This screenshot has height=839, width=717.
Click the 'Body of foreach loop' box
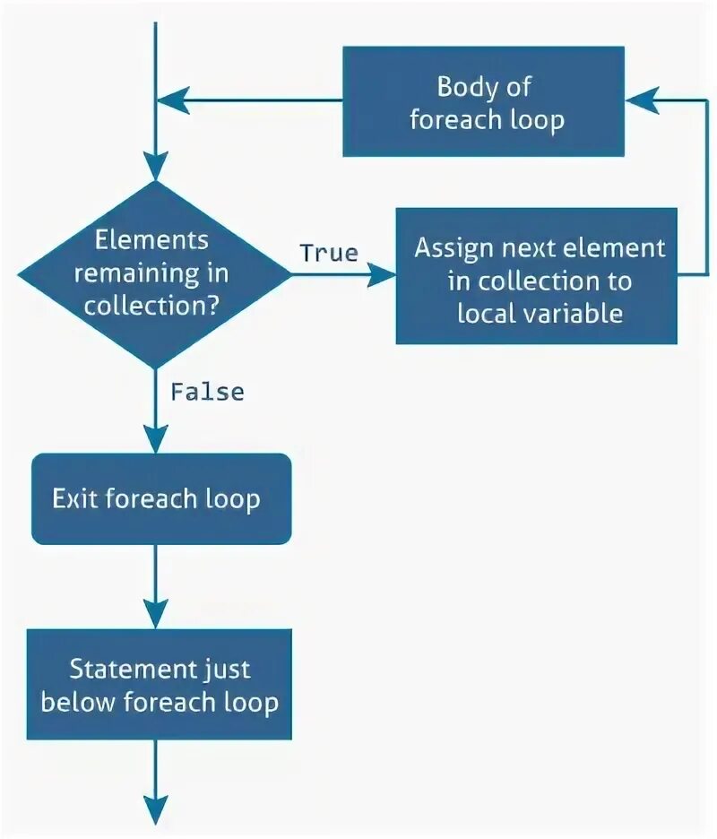[483, 102]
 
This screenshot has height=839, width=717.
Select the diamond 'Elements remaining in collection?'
[155, 274]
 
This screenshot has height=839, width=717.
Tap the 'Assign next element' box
[536, 276]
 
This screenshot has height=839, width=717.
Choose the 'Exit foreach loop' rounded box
[161, 498]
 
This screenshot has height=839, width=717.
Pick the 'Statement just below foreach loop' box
[160, 684]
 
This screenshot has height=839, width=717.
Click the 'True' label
[329, 253]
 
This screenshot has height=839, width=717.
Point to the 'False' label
[207, 392]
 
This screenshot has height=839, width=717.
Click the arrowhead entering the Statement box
[156, 618]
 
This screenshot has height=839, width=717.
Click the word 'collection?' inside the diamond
[153, 304]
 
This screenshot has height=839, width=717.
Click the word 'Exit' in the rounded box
[74, 498]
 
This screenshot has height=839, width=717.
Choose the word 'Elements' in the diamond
[152, 239]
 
